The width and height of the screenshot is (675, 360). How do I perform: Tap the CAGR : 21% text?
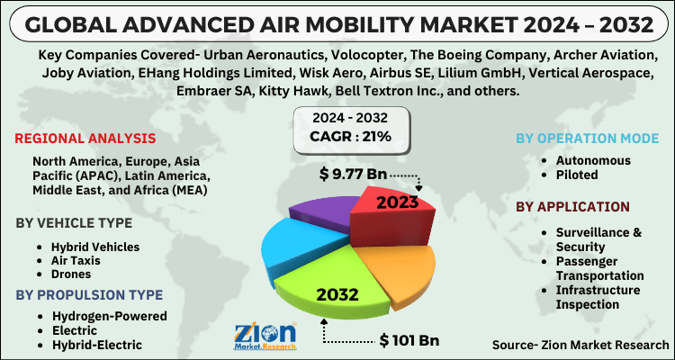pos(352,137)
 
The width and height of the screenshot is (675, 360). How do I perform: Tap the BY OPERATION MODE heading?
pos(587,139)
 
